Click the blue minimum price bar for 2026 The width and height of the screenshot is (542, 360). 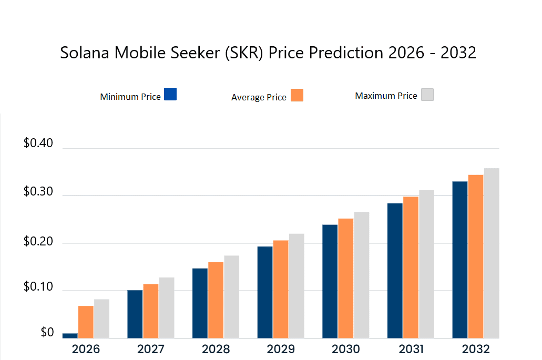point(70,335)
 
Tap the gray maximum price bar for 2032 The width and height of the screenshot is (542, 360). point(492,253)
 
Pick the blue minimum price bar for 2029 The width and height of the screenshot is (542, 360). point(265,292)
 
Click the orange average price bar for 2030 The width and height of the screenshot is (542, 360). point(346,278)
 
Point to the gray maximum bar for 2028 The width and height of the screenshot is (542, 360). point(232,296)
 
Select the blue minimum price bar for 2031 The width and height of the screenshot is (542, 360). point(395,270)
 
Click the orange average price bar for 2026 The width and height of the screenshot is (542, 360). point(86,322)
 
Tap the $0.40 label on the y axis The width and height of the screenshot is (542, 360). point(38,143)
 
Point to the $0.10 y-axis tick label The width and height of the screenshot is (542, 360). point(38,287)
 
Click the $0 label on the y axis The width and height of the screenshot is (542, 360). point(32,333)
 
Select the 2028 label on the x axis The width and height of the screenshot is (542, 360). point(216,349)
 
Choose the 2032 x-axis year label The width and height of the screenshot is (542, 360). point(475,349)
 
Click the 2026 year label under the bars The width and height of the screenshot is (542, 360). point(86,349)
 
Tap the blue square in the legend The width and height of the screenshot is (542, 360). point(170,94)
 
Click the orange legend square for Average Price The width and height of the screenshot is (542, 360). point(297,95)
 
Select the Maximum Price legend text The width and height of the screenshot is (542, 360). point(386,96)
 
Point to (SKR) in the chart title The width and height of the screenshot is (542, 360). point(245,53)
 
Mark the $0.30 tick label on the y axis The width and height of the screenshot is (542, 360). point(38,192)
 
